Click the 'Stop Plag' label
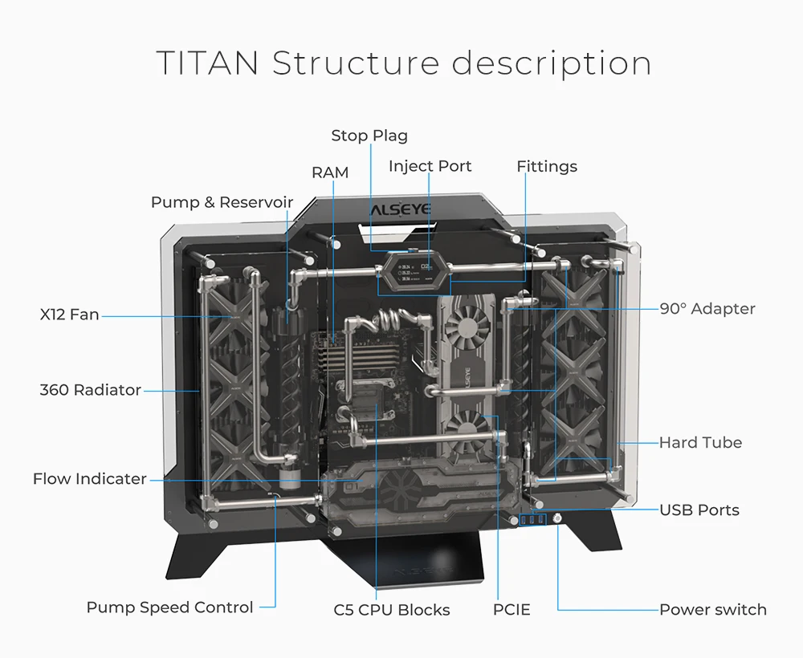pyautogui.click(x=369, y=136)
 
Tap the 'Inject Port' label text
pyautogui.click(x=430, y=166)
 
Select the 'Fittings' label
pyautogui.click(x=546, y=166)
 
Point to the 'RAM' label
pyautogui.click(x=330, y=173)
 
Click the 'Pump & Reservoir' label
pyautogui.click(x=222, y=202)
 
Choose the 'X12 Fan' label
pyautogui.click(x=69, y=315)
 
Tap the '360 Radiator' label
pyautogui.click(x=90, y=390)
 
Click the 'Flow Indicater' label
pyautogui.click(x=90, y=479)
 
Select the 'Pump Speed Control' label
pyautogui.click(x=169, y=607)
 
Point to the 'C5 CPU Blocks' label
pyautogui.click(x=392, y=610)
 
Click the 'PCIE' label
pyautogui.click(x=512, y=609)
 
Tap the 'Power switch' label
pyautogui.click(x=713, y=609)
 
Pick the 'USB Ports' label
pyautogui.click(x=699, y=510)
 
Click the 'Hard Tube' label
pyautogui.click(x=700, y=443)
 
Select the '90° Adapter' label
pyautogui.click(x=707, y=308)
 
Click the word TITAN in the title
pyautogui.click(x=207, y=63)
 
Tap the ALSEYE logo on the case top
pyautogui.click(x=401, y=209)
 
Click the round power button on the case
pyautogui.click(x=557, y=519)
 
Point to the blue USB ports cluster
pyautogui.click(x=532, y=520)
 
